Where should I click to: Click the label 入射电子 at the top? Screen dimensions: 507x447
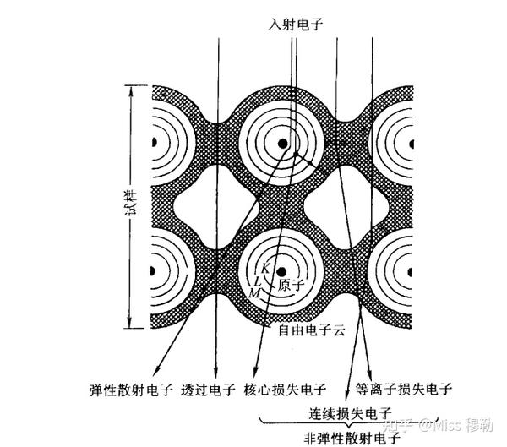(x=295, y=25)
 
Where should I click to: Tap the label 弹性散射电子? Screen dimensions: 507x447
(x=131, y=390)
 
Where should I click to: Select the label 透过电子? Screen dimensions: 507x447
(x=208, y=390)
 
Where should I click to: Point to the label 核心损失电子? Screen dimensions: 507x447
(x=285, y=390)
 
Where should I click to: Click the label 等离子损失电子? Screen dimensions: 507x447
(x=404, y=389)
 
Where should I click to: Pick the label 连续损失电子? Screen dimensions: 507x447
(x=350, y=414)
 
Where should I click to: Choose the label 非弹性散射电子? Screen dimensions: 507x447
(x=352, y=439)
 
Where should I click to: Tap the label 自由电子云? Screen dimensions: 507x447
(x=312, y=330)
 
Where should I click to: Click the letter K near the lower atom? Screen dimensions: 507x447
(x=265, y=268)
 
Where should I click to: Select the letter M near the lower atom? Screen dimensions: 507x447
(x=254, y=293)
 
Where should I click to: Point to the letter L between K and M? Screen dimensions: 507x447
(x=258, y=281)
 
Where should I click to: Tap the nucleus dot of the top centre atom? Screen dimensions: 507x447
(x=283, y=144)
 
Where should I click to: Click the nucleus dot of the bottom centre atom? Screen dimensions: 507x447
(x=281, y=272)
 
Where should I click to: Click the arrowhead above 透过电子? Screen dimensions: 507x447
(x=215, y=372)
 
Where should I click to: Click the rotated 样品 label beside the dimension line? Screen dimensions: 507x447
(x=133, y=203)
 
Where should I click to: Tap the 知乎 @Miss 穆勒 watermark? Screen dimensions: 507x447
(x=438, y=425)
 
